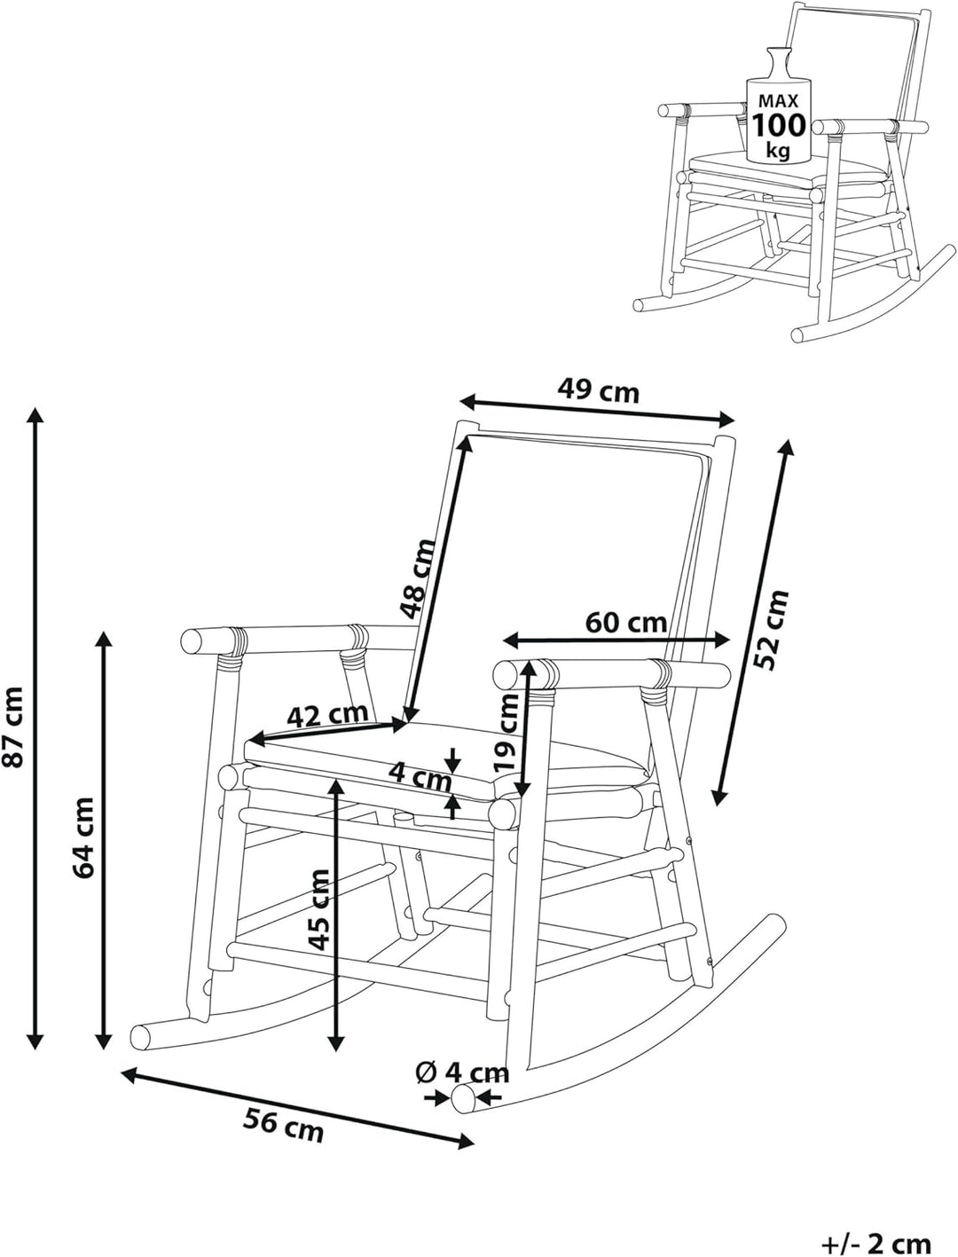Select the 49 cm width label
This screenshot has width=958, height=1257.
598,390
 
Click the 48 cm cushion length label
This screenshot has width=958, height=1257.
418,578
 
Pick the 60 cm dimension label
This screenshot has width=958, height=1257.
625,622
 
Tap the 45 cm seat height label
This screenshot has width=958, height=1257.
319,909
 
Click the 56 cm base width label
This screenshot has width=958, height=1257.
284,1126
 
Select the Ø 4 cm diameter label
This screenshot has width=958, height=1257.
462,1072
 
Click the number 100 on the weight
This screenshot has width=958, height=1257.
780,125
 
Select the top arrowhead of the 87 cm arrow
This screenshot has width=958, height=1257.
35,414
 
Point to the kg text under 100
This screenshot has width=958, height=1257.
778,150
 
